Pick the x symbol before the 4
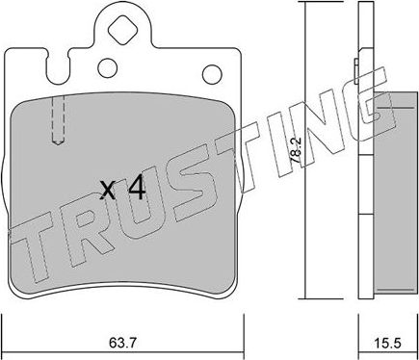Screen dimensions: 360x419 point(110,191)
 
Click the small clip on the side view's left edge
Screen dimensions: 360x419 point(357,68)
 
